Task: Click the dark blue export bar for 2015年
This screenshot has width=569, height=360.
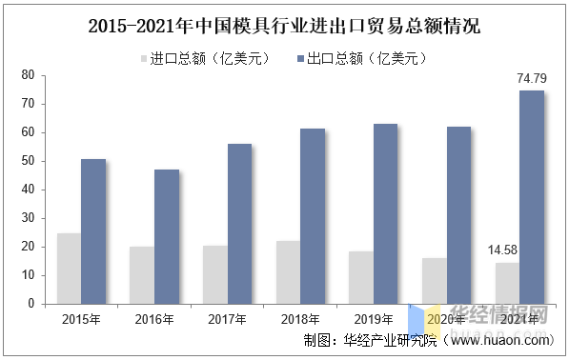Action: (x=93, y=231)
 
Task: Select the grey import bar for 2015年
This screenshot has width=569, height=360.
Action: (x=69, y=268)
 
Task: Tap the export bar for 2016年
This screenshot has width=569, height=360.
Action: (x=167, y=236)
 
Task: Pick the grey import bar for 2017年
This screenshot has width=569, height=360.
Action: (x=215, y=274)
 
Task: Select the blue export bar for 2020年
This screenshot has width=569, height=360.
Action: (x=458, y=215)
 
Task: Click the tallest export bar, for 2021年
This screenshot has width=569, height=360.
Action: (x=531, y=197)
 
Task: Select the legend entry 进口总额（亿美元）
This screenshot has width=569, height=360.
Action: (x=205, y=59)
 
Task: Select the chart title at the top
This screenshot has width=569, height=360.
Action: (x=284, y=27)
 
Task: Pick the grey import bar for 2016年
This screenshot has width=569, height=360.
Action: (x=142, y=275)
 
